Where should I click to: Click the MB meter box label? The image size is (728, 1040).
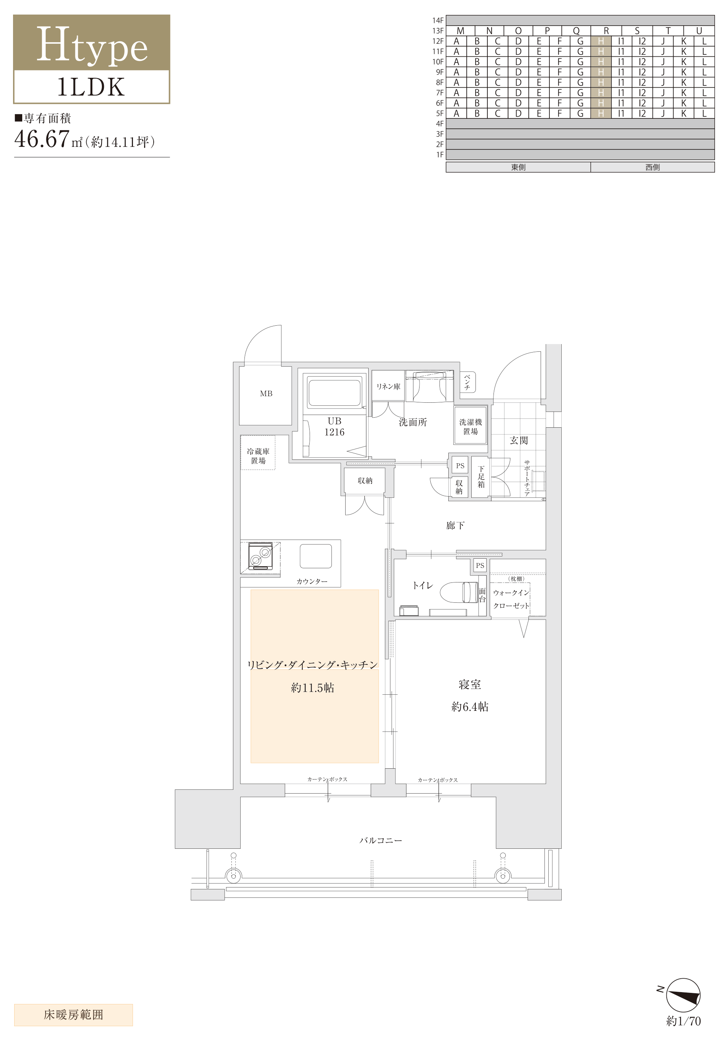266,394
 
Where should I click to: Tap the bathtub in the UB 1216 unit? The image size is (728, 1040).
334,392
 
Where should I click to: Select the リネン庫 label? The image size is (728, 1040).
388,386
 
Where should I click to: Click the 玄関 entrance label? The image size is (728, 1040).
519,440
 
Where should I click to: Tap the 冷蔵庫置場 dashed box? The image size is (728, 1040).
258,452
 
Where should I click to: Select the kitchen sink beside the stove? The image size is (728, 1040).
316,556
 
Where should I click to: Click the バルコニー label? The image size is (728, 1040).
380,840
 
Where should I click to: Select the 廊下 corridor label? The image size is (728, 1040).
455,525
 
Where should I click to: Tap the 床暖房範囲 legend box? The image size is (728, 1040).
74,1015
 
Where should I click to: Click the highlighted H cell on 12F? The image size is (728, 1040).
601,41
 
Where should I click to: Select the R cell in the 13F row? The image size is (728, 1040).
606,31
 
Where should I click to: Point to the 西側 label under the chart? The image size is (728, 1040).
653,167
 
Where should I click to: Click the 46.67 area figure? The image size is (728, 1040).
42,139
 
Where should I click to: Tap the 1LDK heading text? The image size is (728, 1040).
91,87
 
